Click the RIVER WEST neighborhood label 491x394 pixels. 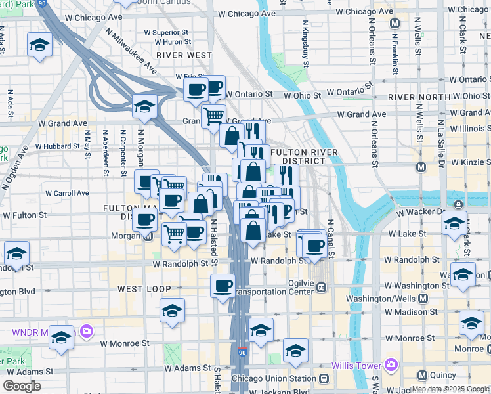184,55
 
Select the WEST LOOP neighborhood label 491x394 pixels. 144,289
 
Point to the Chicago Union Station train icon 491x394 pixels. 323,379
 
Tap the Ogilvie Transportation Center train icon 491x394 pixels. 322,287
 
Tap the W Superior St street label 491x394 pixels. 166,32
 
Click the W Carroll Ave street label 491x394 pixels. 64,193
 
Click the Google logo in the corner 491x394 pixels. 22,385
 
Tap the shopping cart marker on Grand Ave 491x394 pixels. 213,116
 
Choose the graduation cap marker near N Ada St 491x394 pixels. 39,45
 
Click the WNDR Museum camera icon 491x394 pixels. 85,332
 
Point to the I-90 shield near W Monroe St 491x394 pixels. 242,353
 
